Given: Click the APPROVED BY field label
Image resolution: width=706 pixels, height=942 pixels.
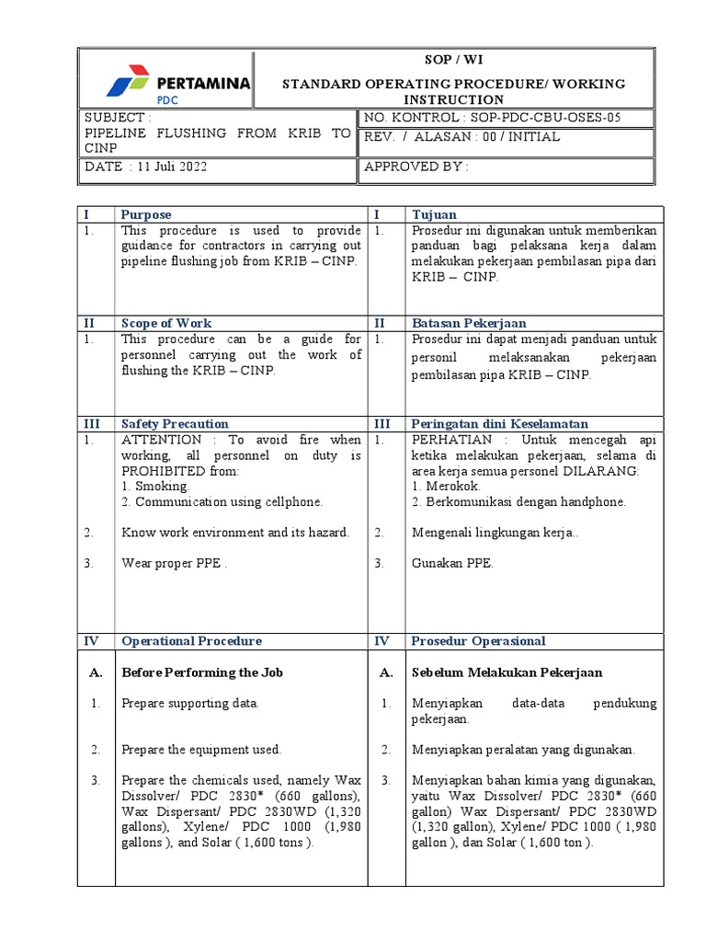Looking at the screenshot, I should point(416,167).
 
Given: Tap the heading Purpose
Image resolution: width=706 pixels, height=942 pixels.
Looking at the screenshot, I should point(146,214).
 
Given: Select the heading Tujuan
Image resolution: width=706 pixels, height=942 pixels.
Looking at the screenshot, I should point(433,214).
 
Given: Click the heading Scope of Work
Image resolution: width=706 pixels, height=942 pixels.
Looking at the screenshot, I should point(166,323).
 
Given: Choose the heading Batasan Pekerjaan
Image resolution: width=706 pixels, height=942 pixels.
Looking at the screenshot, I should point(469,323).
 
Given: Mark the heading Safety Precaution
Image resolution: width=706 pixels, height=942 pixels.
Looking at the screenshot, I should point(175,423).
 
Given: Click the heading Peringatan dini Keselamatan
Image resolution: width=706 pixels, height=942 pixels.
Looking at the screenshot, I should point(500,423).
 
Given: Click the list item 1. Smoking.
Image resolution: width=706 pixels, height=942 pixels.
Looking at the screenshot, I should point(155,486).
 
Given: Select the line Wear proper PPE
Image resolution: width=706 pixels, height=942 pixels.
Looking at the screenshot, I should point(174,563).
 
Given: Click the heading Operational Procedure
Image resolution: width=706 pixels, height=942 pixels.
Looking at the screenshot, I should point(191,640).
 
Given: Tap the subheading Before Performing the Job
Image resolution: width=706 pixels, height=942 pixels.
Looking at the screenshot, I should point(202,672).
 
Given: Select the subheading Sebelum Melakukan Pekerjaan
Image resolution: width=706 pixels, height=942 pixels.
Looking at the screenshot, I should point(507,672).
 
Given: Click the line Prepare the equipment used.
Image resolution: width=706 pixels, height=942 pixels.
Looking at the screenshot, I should point(201,749).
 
